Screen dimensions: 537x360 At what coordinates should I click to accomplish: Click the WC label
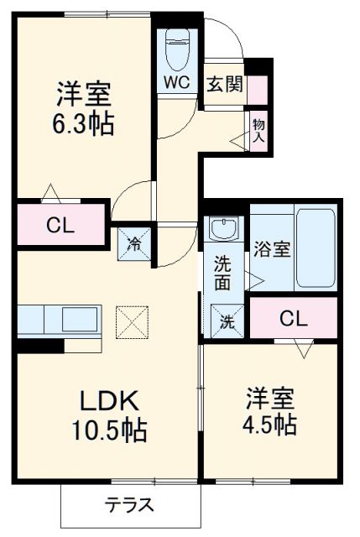tap(176, 83)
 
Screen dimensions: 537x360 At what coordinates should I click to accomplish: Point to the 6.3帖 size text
tap(85, 125)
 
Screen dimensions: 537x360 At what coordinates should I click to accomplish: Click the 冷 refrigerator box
tap(133, 244)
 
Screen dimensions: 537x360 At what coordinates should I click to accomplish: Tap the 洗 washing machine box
tap(227, 321)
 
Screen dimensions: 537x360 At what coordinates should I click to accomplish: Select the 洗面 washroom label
tap(222, 273)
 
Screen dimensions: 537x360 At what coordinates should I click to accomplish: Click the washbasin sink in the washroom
tap(223, 228)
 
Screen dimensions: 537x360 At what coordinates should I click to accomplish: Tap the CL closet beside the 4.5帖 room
tap(293, 319)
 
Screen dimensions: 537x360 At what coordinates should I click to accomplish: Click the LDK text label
tap(108, 399)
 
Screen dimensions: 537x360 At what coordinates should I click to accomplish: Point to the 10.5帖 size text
tap(108, 430)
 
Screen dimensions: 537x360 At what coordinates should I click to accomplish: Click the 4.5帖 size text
tap(270, 424)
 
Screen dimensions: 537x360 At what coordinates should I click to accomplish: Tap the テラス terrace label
tap(129, 506)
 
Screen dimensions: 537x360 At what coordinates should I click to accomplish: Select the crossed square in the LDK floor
tap(130, 319)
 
